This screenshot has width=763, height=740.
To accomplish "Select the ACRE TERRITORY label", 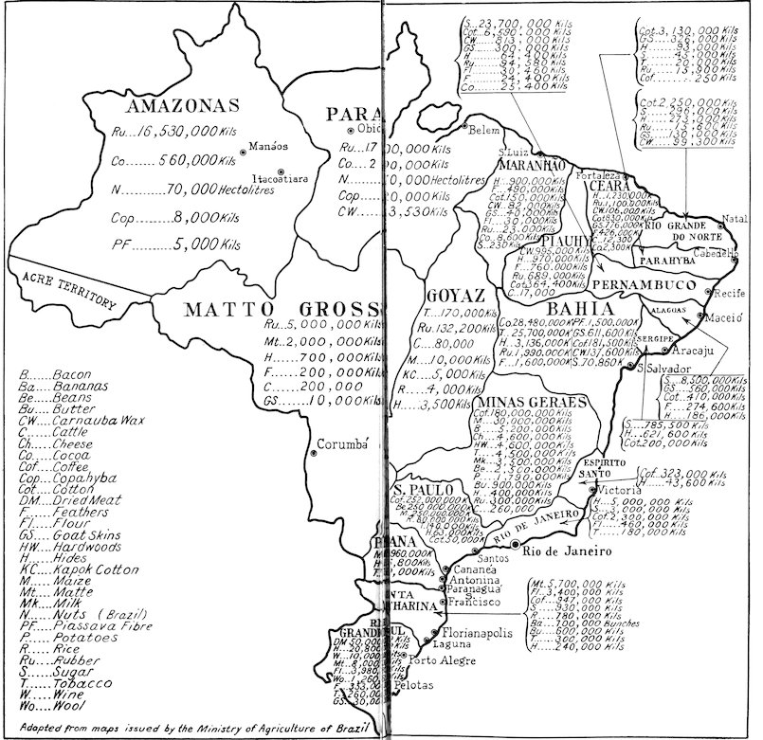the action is click(x=59, y=284).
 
